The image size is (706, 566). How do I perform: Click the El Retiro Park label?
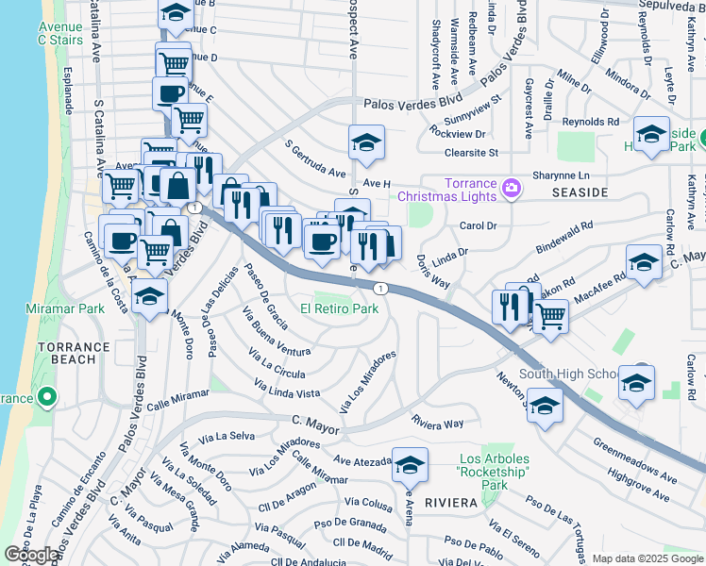coord(339,308)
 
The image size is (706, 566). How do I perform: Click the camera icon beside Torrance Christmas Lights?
coord(512,188)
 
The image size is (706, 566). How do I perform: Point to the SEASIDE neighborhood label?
coord(578,191)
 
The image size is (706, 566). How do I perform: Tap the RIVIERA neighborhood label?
coord(450,503)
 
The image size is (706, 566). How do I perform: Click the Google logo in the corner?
coord(31,555)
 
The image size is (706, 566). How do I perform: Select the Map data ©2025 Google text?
coord(647,558)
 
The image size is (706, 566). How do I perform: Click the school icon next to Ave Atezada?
coord(410,465)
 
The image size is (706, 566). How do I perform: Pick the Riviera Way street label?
coord(437,424)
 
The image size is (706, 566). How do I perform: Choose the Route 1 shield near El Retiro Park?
coord(378,288)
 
